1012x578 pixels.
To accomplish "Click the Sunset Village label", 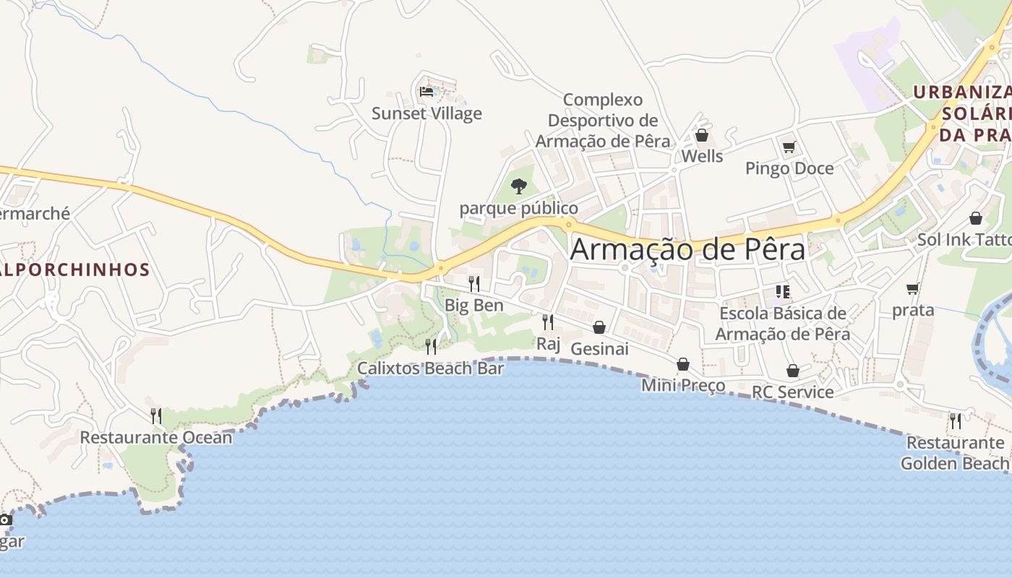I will click(426, 113).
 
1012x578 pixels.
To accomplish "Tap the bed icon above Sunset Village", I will click(426, 92).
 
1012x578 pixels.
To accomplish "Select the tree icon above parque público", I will click(518, 186).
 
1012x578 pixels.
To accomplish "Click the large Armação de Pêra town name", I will click(687, 249).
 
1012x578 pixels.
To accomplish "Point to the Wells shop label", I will click(702, 156).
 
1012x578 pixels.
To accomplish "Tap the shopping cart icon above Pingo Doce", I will click(789, 147).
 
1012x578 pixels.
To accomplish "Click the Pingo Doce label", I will click(789, 168).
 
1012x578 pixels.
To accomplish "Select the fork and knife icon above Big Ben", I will click(473, 283).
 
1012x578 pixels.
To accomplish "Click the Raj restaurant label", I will click(548, 343).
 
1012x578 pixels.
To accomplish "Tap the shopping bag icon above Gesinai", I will click(599, 327).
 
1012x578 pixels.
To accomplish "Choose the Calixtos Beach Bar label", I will click(431, 368).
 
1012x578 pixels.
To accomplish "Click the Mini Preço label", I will click(683, 385).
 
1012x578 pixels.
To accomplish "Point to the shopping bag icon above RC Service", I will click(793, 371).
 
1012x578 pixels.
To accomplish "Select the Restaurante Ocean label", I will click(156, 437).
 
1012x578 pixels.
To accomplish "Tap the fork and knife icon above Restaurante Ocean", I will click(155, 415).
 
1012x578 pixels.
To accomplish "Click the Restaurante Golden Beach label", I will click(955, 452).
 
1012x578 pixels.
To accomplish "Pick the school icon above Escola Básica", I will click(782, 292).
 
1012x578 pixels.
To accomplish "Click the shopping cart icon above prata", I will click(913, 289).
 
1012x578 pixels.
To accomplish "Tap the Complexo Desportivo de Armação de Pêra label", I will click(603, 120).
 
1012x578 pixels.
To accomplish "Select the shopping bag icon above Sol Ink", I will click(976, 218).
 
